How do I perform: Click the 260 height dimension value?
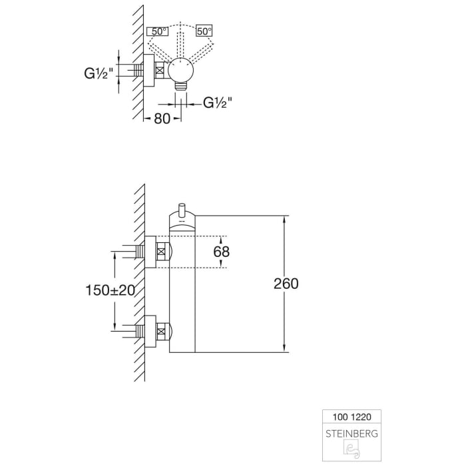[x=286, y=284]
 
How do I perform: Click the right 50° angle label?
[x=204, y=31]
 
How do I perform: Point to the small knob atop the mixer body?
[x=182, y=206]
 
